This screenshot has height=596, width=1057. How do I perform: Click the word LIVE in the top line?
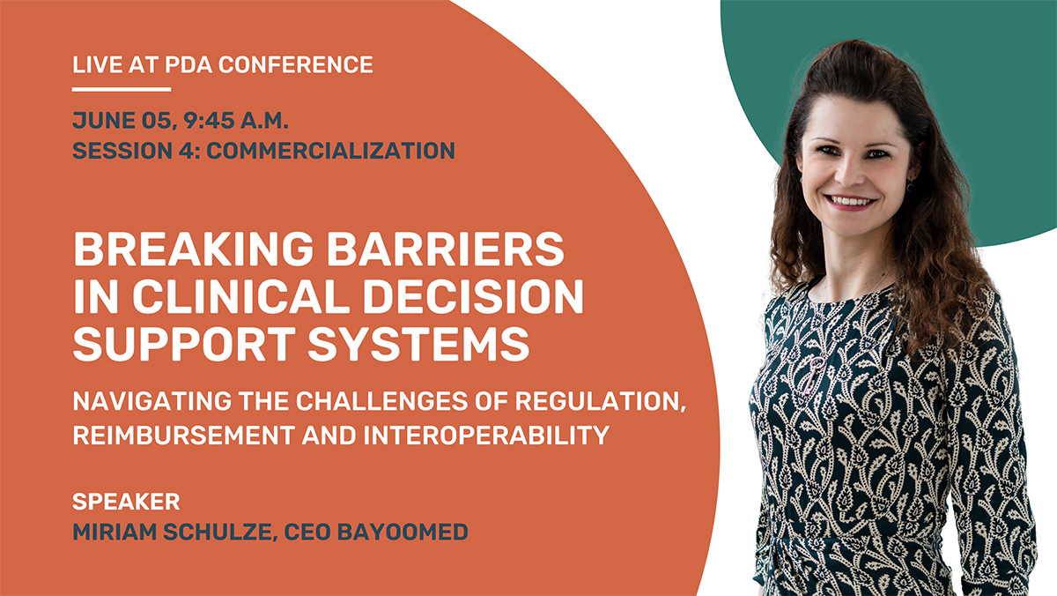point(97,64)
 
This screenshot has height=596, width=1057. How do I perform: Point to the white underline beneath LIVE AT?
point(122,89)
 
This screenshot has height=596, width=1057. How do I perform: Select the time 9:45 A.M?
point(235,121)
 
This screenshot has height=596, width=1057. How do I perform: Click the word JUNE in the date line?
point(104,121)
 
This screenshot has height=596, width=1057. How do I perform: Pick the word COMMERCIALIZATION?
point(331,151)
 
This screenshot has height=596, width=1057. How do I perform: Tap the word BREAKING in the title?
point(194,249)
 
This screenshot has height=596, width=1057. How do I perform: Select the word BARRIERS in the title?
point(446,249)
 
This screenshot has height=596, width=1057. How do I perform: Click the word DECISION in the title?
point(473,296)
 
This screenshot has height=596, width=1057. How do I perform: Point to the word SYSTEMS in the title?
point(418,344)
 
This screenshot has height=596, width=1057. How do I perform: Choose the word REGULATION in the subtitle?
point(600,402)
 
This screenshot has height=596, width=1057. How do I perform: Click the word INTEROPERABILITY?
point(486,435)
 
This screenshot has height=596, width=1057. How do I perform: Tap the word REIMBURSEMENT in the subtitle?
point(183,435)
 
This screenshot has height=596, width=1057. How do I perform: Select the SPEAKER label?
point(126,502)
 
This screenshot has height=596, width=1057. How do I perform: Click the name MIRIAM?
point(115,532)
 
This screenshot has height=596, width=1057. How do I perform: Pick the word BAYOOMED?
point(403,532)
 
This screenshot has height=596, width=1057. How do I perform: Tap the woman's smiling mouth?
point(851,203)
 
